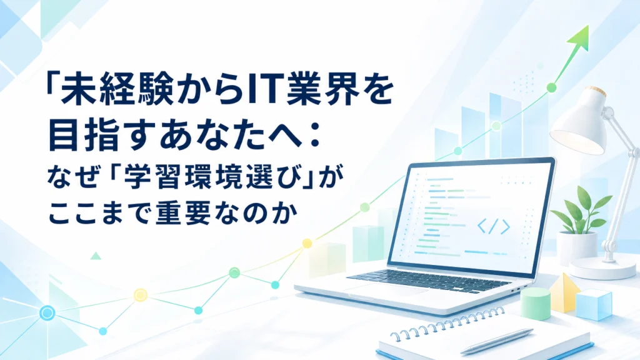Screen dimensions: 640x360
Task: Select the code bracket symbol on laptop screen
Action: [494, 226]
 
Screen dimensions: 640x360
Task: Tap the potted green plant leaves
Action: [581, 210]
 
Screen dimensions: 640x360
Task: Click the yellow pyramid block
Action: [564, 292]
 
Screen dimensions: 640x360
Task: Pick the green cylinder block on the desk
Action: [536, 304]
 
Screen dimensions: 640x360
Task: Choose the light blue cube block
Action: [594, 304]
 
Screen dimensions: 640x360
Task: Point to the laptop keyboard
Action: [429, 281]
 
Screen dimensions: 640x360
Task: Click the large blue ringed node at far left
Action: [47, 313]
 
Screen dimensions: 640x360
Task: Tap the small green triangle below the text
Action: [96, 256]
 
